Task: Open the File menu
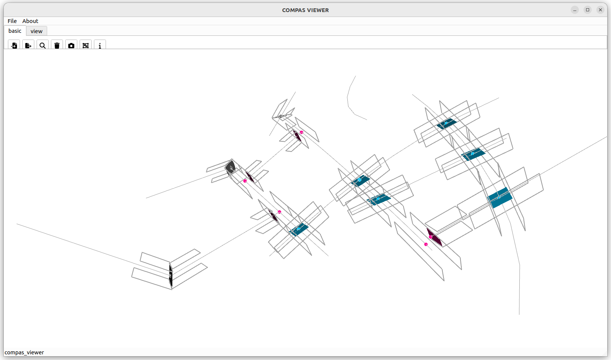pyautogui.click(x=12, y=21)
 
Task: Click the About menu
pyautogui.click(x=30, y=21)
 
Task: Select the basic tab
pyautogui.click(x=15, y=31)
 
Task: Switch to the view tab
pyautogui.click(x=37, y=31)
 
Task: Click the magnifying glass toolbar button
pyautogui.click(x=43, y=46)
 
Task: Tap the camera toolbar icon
pyautogui.click(x=71, y=46)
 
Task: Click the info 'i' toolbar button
pyautogui.click(x=100, y=46)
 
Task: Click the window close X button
pyautogui.click(x=600, y=10)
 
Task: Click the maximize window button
pyautogui.click(x=588, y=10)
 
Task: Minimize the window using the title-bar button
pyautogui.click(x=575, y=10)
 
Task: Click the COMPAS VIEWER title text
pyautogui.click(x=305, y=10)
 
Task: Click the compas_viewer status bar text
pyautogui.click(x=24, y=352)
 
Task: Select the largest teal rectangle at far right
pyautogui.click(x=500, y=198)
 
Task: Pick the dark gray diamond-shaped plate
pyautogui.click(x=230, y=167)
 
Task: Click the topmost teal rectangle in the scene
pyautogui.click(x=447, y=124)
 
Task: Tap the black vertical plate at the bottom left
pyautogui.click(x=171, y=275)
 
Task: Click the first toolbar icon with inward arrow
pyautogui.click(x=14, y=46)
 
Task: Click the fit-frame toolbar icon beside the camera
pyautogui.click(x=86, y=46)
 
